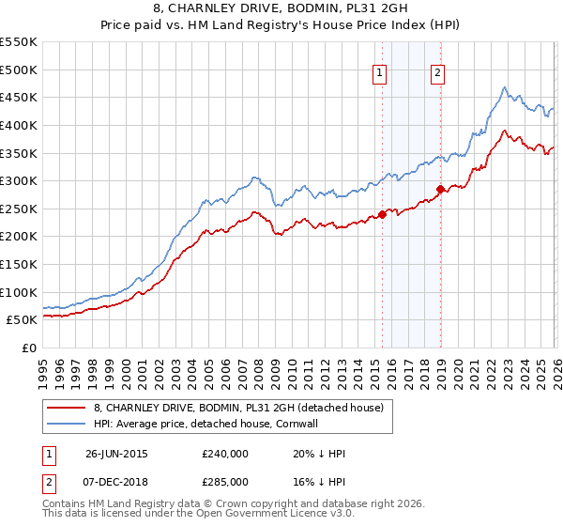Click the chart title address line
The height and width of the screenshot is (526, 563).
(x=281, y=10)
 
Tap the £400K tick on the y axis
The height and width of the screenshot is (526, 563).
(x=20, y=125)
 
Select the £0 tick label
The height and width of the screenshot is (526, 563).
(x=29, y=348)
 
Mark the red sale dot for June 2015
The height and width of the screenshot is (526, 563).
(x=383, y=214)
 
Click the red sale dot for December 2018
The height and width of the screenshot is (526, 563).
(x=440, y=189)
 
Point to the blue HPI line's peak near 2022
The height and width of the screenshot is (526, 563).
(x=504, y=88)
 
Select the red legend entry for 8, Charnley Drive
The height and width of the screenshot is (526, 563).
(x=238, y=409)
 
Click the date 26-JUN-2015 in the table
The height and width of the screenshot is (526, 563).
(x=116, y=453)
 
